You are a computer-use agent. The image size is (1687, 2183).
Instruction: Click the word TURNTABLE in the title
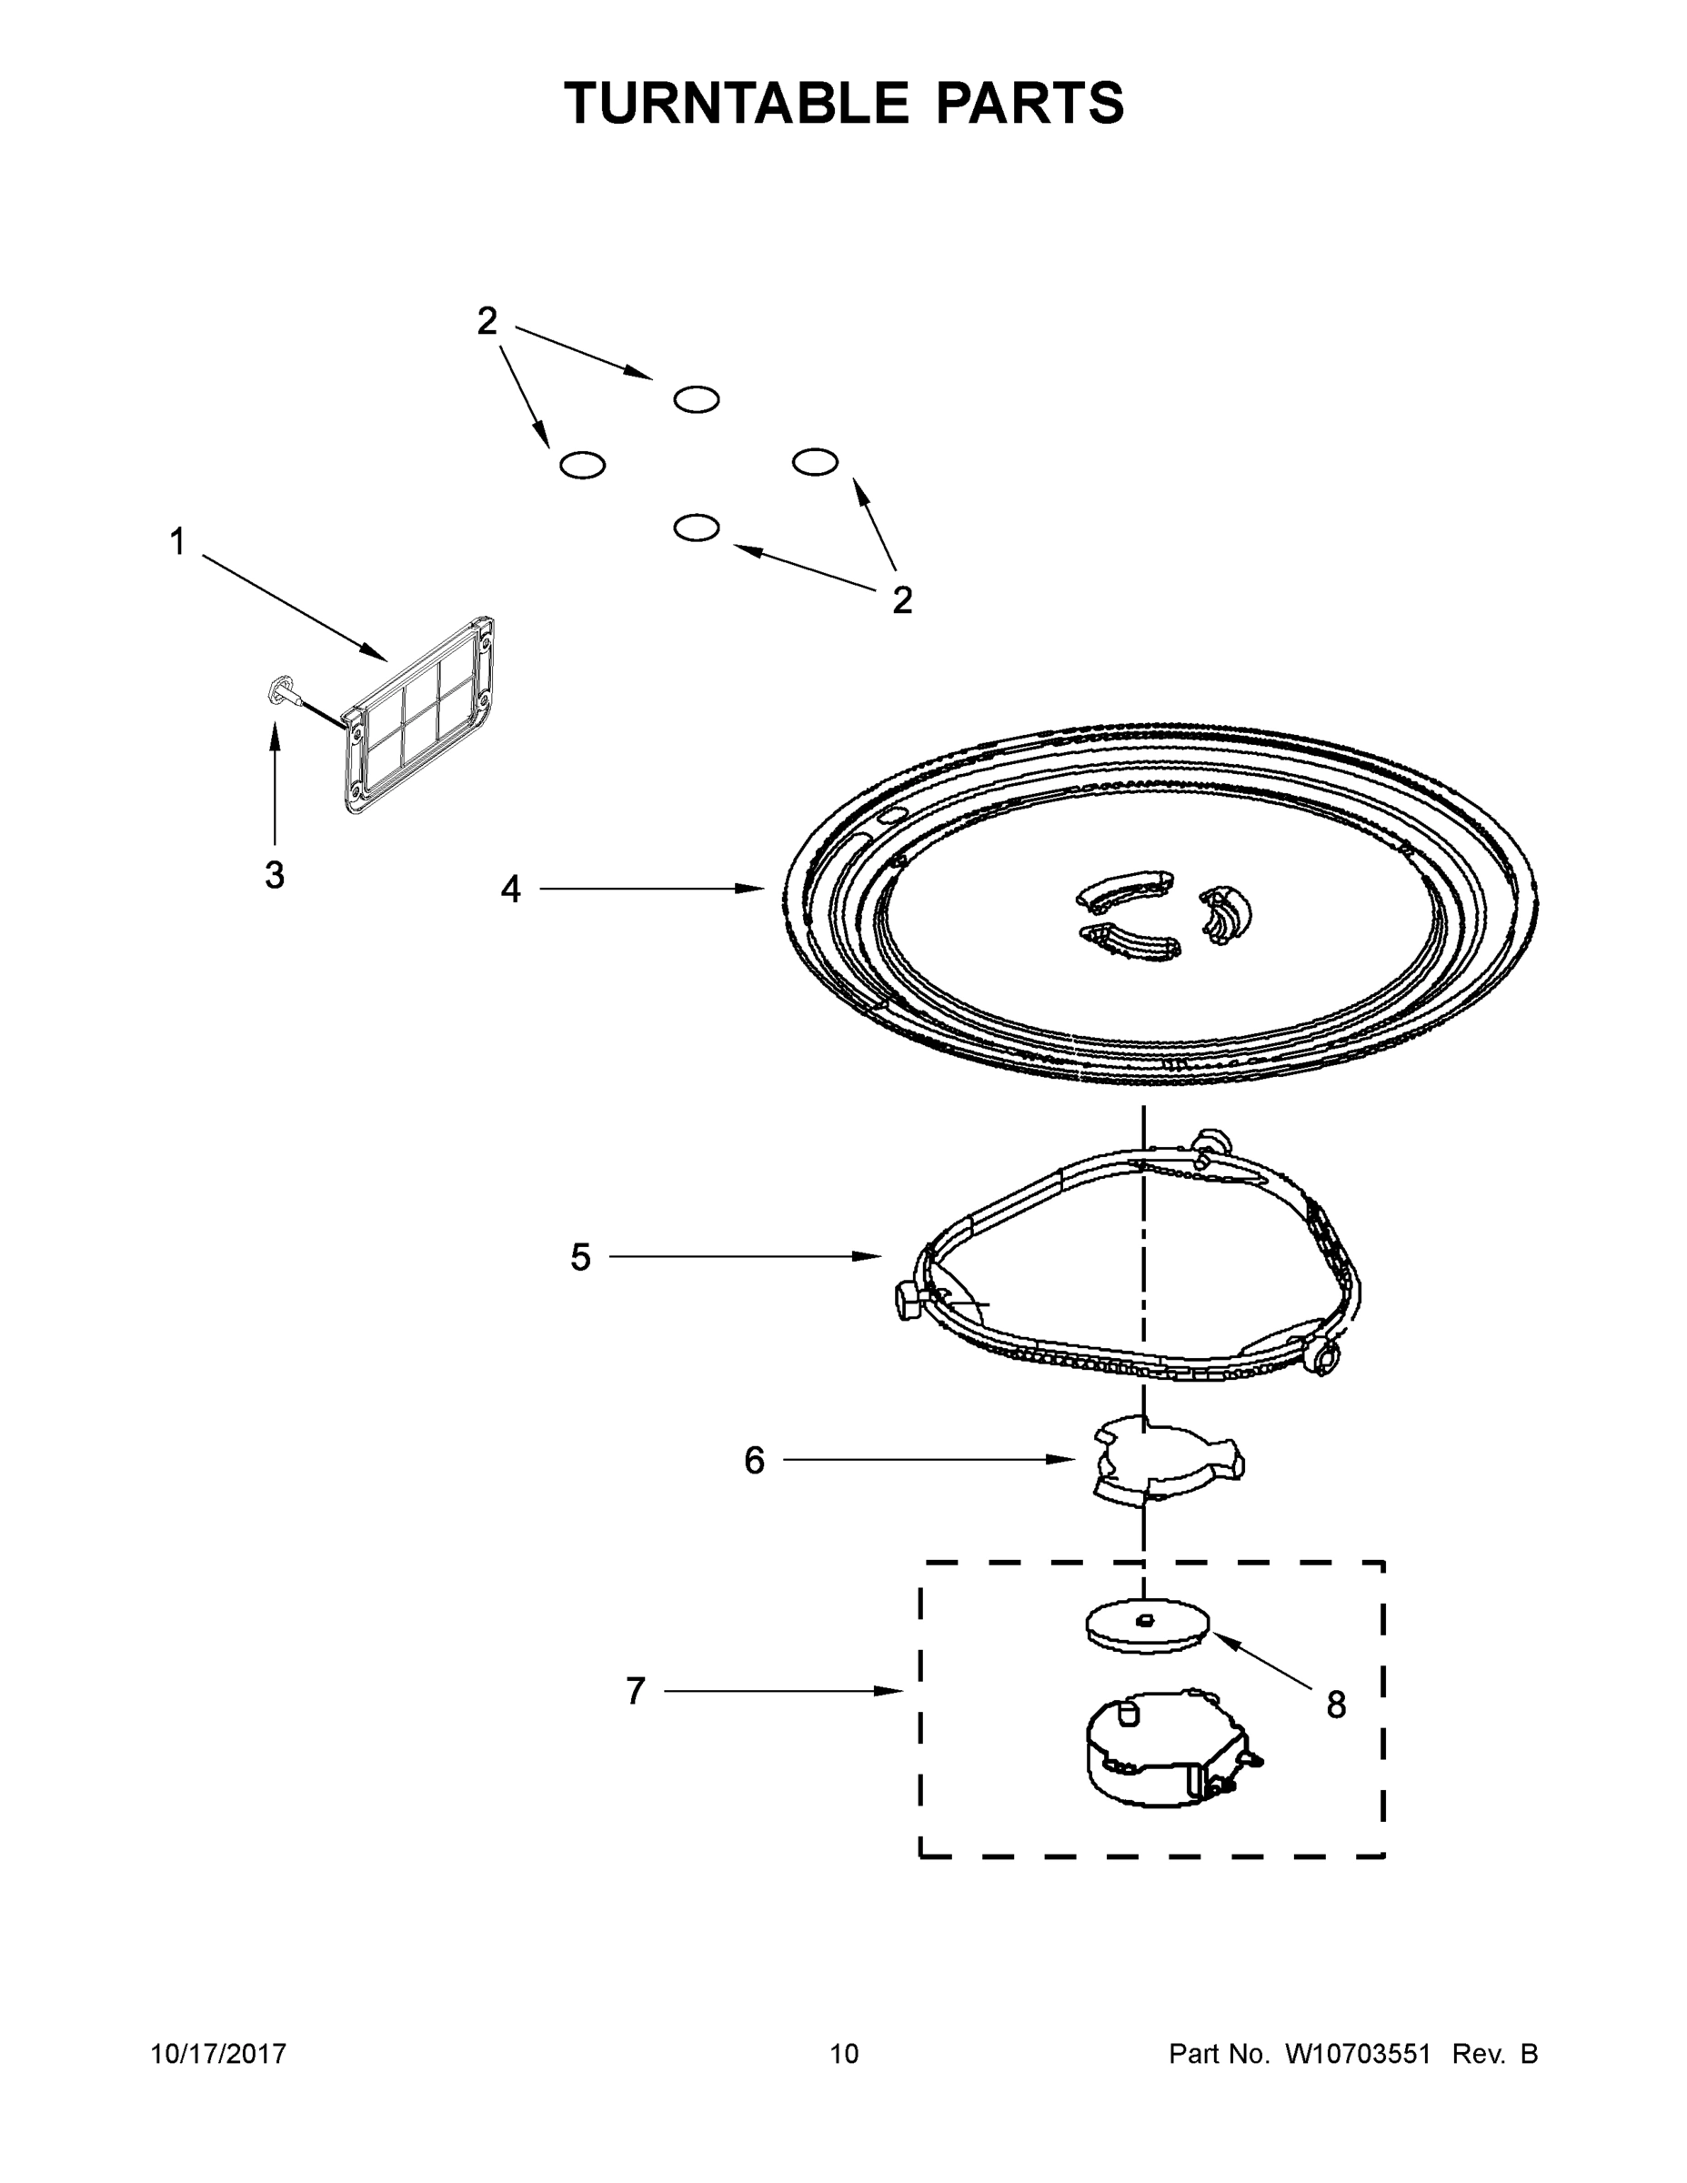click(x=737, y=103)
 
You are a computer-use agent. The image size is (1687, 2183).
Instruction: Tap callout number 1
click(x=177, y=543)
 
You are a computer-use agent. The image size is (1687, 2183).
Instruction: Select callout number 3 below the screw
click(x=274, y=876)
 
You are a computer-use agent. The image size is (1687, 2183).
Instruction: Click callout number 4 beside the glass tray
click(x=511, y=889)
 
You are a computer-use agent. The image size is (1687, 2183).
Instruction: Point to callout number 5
click(x=580, y=1257)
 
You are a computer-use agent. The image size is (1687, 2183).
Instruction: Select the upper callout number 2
click(x=487, y=322)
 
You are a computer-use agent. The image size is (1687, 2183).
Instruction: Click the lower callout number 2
click(x=901, y=600)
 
